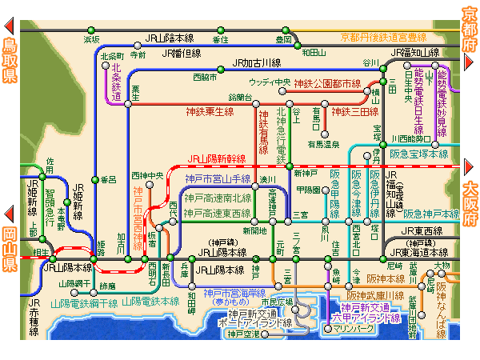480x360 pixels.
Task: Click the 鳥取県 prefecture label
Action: pos(10,60)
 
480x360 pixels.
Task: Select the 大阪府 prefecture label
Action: pos(470,204)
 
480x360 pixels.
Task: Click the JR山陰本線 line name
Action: pos(169,38)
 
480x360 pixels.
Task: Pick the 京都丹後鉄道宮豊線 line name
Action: pos(383,37)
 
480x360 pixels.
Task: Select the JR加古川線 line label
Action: pos(256,62)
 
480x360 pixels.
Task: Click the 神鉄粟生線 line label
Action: pos(210,111)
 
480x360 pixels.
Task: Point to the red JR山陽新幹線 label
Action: pos(217,159)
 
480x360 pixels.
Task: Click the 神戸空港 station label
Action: pos(243,334)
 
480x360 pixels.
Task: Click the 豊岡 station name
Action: pos(283,38)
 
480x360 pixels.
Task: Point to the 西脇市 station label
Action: pos(205,78)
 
